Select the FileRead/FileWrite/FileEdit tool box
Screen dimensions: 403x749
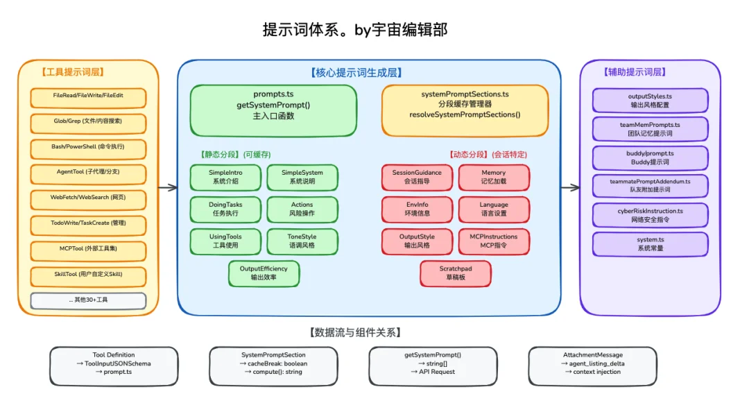coord(88,98)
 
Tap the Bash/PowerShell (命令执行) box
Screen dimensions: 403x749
coord(88,149)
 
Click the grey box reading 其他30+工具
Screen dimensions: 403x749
coord(88,300)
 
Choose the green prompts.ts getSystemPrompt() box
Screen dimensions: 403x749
coord(273,110)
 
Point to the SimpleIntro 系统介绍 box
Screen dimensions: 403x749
coord(225,177)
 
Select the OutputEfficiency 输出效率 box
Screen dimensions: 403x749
coord(264,273)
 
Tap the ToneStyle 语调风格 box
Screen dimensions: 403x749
coord(302,241)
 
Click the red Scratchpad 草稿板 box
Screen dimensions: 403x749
coord(456,273)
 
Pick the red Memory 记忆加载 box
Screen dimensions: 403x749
coord(493,177)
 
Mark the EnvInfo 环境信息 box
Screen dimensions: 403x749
coord(417,209)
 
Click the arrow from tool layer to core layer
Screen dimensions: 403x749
coord(167,187)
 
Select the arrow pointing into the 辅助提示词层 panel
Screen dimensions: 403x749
coord(571,187)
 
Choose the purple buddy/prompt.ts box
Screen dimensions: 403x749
coord(650,157)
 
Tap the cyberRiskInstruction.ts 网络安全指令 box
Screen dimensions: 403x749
coord(650,215)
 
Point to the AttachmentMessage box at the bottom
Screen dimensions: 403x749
coord(592,364)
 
